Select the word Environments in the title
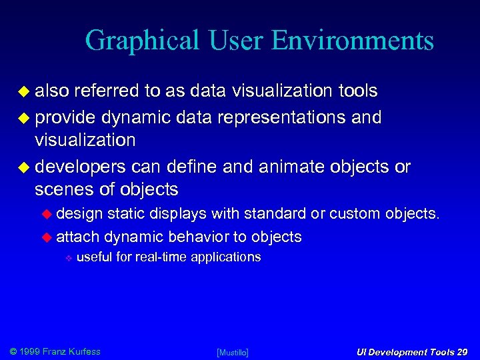(x=353, y=41)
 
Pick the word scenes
(x=64, y=190)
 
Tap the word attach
(x=78, y=237)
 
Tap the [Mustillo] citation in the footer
(x=233, y=352)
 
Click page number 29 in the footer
(x=463, y=352)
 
